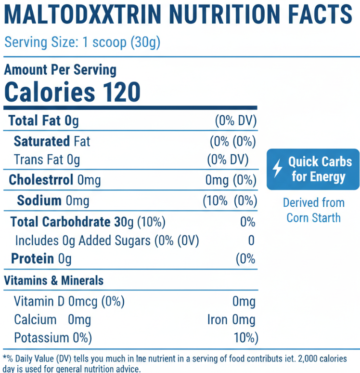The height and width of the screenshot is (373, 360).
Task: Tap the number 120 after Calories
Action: tap(117, 92)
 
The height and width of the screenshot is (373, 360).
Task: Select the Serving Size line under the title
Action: tap(82, 42)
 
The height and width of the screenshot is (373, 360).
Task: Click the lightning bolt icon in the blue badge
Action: tap(277, 169)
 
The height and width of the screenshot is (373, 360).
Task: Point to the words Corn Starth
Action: tap(313, 218)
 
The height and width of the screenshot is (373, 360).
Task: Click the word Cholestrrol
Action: tap(41, 180)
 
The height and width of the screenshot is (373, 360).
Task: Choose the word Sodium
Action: tap(39, 200)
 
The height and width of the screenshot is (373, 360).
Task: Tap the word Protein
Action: tap(32, 259)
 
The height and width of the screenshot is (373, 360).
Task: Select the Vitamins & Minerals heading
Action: tap(53, 280)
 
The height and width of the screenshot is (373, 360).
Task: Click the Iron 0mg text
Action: tap(231, 320)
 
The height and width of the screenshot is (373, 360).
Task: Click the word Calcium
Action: tap(35, 320)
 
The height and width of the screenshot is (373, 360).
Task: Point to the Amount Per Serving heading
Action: tap(60, 70)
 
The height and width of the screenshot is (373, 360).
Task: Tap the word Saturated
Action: tap(42, 141)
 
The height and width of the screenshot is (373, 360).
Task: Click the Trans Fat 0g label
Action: tap(47, 159)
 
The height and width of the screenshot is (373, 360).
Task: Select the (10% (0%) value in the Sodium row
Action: tap(229, 200)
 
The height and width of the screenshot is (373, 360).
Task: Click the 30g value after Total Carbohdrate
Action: tap(124, 222)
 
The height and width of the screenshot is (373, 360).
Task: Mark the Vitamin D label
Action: tap(39, 302)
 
